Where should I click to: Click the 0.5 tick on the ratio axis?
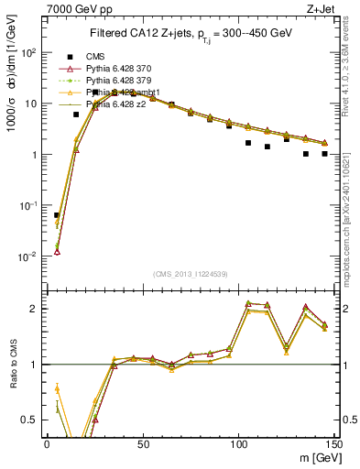pyautogui.click(x=33, y=420)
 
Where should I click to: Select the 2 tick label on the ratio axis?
pyautogui.click(x=37, y=309)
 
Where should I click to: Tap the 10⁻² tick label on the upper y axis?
pyautogui.click(x=29, y=256)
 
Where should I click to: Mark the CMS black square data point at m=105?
pyautogui.click(x=248, y=143)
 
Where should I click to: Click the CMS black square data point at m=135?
pyautogui.click(x=306, y=154)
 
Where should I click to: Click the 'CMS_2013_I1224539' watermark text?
pyautogui.click(x=191, y=273)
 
